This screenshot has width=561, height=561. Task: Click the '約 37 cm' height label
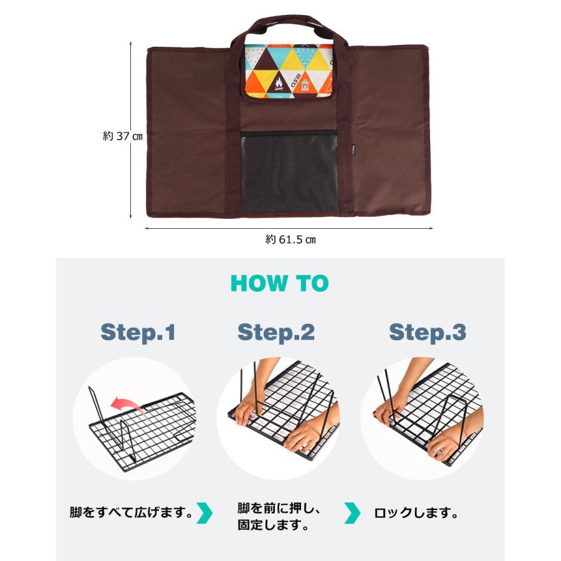pyautogui.click(x=123, y=137)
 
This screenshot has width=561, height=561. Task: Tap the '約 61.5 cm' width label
pyautogui.click(x=290, y=239)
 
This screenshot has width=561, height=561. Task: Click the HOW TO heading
pyautogui.click(x=279, y=284)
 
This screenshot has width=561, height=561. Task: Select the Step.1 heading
pyautogui.click(x=138, y=332)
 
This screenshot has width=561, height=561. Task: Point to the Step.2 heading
pyautogui.click(x=276, y=332)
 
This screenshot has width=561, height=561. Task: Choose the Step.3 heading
pyautogui.click(x=428, y=332)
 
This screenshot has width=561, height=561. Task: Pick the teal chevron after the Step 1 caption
pyautogui.click(x=204, y=514)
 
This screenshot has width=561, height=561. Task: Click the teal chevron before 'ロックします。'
pyautogui.click(x=352, y=514)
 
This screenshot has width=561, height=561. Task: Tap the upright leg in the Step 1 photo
pyautogui.click(x=94, y=405)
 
